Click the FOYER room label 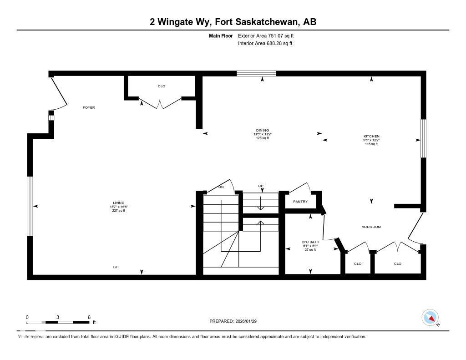click(x=89, y=107)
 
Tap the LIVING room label click(x=118, y=203)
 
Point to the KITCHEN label click(x=371, y=136)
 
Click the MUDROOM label click(x=371, y=227)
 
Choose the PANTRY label click(x=300, y=202)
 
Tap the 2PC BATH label click(x=310, y=242)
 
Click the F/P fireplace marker click(x=116, y=267)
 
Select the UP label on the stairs click(x=261, y=186)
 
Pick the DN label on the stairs click(x=221, y=187)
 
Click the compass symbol click(x=430, y=317)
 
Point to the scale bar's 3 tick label click(x=58, y=317)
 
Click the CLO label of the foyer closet click(x=161, y=86)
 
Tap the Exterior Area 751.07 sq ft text click(x=269, y=35)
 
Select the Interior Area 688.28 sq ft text click(x=265, y=44)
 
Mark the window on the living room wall click(x=30, y=206)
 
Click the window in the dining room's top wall click(x=256, y=73)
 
